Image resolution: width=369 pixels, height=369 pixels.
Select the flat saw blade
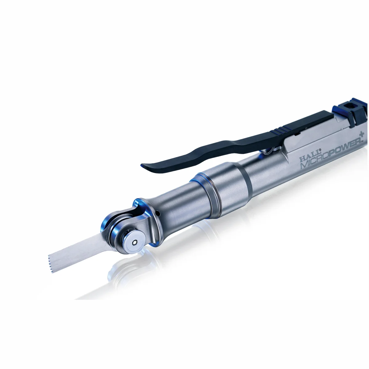(81, 254)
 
